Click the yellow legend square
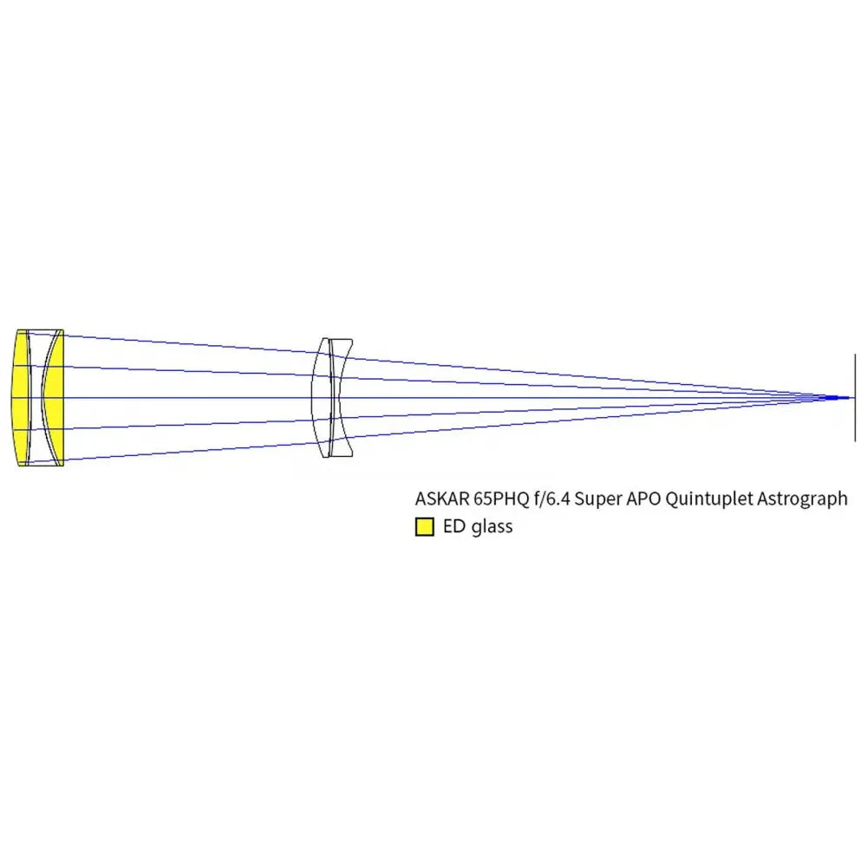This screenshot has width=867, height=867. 425,527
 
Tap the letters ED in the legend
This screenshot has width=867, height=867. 454,526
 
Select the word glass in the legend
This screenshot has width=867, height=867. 492,527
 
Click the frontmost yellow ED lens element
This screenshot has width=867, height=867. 21,398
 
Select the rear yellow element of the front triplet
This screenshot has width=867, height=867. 54,398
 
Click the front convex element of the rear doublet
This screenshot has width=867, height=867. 323,398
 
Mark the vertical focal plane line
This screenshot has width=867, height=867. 856,398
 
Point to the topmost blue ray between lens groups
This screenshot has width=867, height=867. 191,343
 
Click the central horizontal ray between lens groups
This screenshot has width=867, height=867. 191,398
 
